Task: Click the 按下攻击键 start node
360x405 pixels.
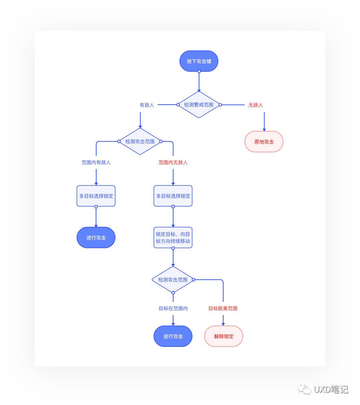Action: [199, 61]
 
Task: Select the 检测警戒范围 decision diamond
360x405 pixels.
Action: [199, 105]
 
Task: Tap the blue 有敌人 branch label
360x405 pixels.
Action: [147, 105]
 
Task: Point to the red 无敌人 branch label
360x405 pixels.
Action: [255, 105]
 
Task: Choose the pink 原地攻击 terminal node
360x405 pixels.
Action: [264, 141]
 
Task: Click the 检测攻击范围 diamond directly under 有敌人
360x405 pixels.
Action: [140, 141]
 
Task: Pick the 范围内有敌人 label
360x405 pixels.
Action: [96, 162]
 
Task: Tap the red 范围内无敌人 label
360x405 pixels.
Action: [173, 162]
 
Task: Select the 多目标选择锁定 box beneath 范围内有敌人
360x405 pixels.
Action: [96, 196]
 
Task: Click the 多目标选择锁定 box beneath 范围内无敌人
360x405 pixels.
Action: [173, 196]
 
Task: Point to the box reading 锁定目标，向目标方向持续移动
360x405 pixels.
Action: [173, 238]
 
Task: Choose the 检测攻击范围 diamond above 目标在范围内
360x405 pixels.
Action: [173, 279]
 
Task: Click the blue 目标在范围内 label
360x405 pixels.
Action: [173, 308]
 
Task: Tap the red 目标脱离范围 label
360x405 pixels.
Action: [223, 308]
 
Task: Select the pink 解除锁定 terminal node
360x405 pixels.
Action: [224, 336]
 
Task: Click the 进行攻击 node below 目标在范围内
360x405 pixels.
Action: [173, 336]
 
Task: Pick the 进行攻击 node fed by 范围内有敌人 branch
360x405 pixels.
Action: [96, 238]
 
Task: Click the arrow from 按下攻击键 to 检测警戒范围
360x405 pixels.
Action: [199, 82]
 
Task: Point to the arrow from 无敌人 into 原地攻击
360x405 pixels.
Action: [264, 122]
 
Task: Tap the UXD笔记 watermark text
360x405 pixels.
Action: [331, 389]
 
